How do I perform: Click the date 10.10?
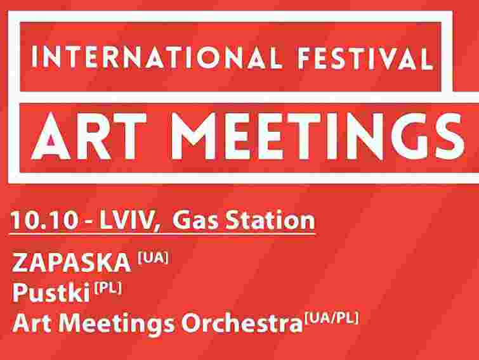click(x=38, y=221)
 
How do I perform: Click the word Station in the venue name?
click(x=267, y=221)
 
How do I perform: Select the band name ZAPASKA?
click(x=72, y=262)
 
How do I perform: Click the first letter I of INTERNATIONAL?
click(x=36, y=58)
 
